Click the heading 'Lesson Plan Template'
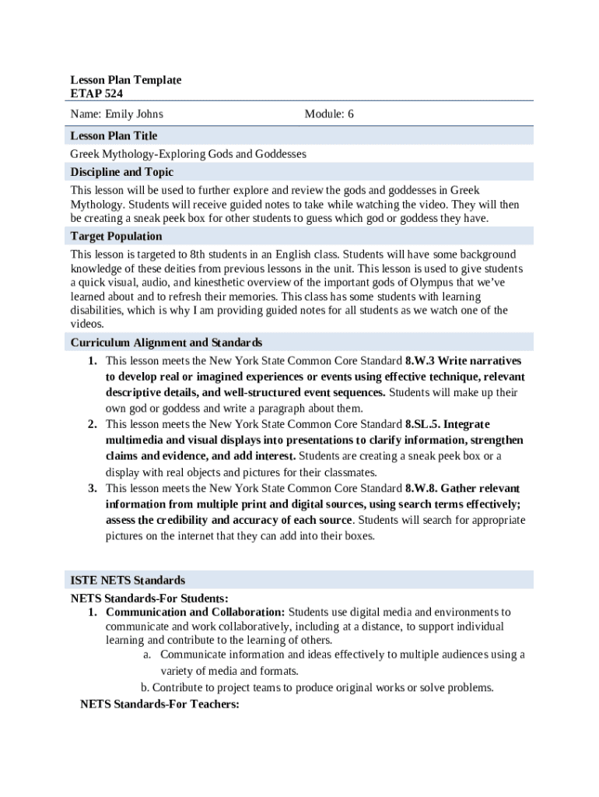[125, 80]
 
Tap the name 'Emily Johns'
[117, 114]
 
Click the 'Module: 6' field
[329, 114]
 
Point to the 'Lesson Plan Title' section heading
[114, 135]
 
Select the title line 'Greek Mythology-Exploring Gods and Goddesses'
[188, 154]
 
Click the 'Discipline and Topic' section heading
[122, 172]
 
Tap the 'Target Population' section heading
[116, 236]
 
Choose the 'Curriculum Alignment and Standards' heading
[166, 342]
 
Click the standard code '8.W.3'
[421, 361]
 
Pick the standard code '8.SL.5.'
[423, 424]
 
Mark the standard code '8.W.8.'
[423, 488]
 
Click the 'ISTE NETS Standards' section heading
[128, 580]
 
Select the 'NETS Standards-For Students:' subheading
[149, 598]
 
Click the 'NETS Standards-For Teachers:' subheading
[159, 704]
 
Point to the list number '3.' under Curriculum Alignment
[92, 488]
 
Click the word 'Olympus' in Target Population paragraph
[425, 283]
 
